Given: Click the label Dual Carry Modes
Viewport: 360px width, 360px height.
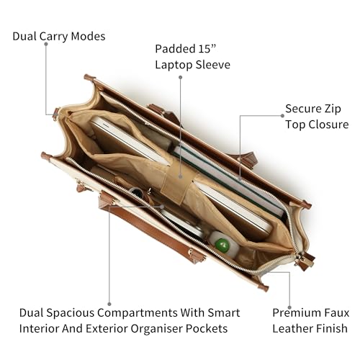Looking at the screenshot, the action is tap(59, 37).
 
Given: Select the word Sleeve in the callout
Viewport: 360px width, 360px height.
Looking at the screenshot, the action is tap(213, 65).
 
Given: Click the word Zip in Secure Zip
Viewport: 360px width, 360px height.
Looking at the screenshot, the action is tap(333, 109).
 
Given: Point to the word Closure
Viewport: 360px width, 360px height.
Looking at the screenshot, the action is tap(328, 125).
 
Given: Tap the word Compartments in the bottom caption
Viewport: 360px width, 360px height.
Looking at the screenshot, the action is tap(138, 313).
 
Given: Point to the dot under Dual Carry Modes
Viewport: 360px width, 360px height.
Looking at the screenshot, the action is tap(46, 44).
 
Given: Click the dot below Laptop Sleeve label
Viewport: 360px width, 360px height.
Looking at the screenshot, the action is tap(181, 77).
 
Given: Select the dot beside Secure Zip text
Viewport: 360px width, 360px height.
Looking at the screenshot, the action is tap(282, 116).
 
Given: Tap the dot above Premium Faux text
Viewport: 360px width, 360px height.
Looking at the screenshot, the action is tap(289, 307).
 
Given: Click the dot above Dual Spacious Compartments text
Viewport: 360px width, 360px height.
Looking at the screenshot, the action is tap(109, 304).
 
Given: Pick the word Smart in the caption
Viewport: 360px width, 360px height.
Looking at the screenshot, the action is tap(224, 313).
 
